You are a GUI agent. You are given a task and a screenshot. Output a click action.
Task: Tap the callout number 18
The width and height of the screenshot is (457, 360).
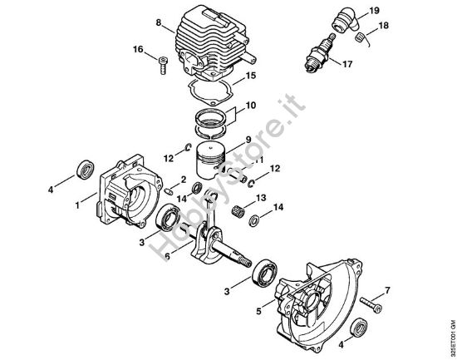(x=384, y=27)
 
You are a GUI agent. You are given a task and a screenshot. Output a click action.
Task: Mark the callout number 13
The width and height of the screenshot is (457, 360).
(x=261, y=198)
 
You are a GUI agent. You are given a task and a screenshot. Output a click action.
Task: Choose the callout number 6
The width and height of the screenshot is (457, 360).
(x=169, y=257)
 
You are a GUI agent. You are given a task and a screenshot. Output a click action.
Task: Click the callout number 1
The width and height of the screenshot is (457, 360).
(x=77, y=201)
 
